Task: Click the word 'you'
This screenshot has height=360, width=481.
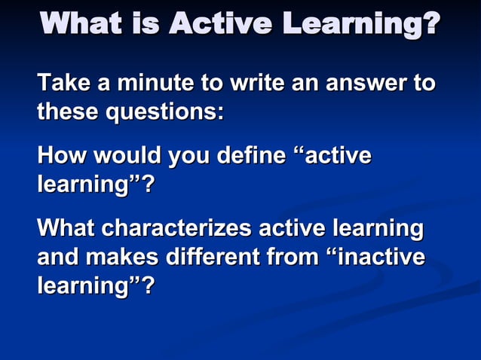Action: tap(191, 157)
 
